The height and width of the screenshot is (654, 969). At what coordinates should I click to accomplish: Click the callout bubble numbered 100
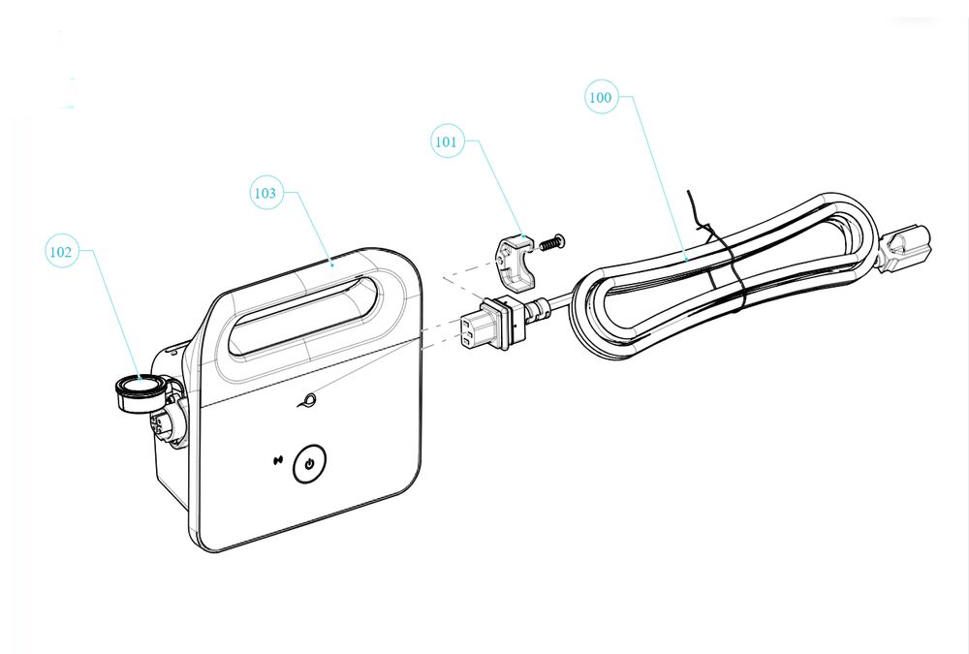point(602,97)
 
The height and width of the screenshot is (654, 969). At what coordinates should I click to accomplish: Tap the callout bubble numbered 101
point(447,140)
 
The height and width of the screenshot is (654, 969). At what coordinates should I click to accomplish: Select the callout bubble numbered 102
point(62,251)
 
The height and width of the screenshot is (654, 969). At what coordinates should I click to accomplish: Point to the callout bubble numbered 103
point(266,192)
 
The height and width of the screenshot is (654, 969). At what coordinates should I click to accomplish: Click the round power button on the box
point(309,463)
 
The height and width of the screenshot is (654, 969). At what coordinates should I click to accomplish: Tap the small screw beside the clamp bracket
point(551,241)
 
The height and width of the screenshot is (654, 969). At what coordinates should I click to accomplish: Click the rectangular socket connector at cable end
point(488,324)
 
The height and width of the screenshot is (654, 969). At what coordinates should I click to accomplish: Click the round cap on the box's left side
point(141,391)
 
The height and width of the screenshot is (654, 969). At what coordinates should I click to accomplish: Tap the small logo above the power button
point(308,400)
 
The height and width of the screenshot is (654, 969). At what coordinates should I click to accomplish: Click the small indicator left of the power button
point(278,460)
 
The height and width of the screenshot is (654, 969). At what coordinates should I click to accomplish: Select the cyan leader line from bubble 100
point(660,176)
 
